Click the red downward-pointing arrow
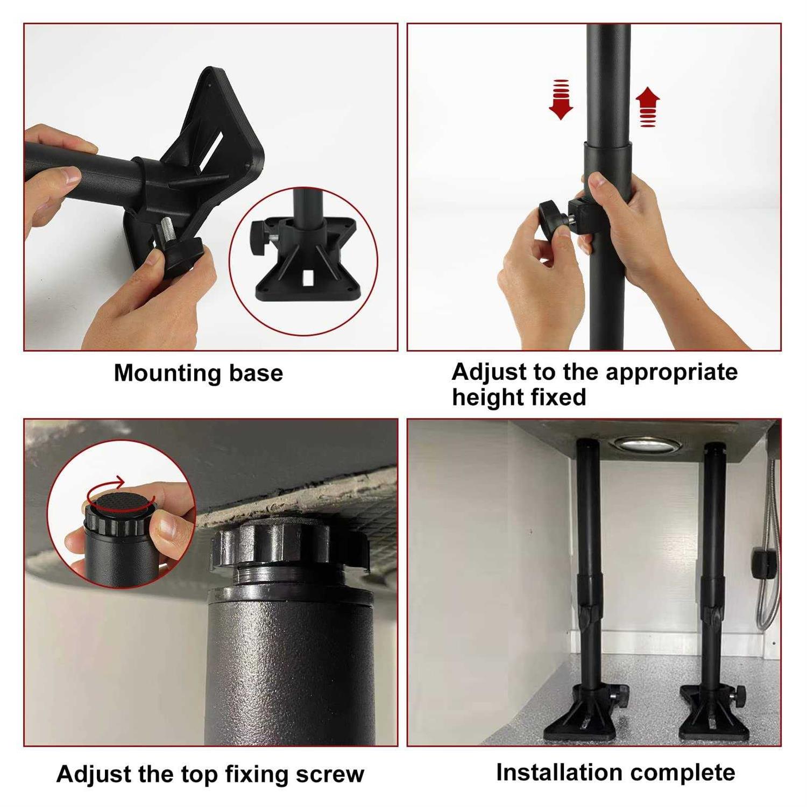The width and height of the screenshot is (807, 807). tap(561, 100)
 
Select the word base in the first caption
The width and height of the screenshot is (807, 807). tap(256, 373)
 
